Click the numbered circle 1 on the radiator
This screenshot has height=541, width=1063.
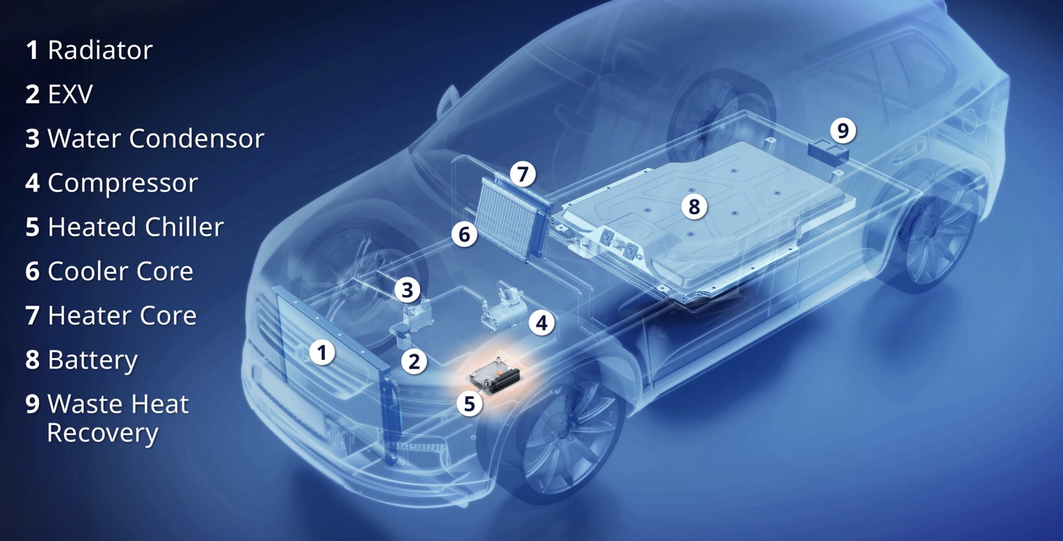[322, 353]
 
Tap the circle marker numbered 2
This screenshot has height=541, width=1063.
[414, 361]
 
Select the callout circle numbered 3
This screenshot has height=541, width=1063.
[407, 289]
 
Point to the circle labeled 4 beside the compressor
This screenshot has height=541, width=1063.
[541, 323]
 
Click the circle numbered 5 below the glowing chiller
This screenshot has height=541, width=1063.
[469, 403]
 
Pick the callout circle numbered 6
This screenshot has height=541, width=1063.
[464, 234]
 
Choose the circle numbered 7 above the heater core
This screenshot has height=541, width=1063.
[523, 174]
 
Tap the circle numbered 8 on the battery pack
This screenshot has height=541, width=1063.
[694, 206]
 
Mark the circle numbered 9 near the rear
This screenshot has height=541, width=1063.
[843, 130]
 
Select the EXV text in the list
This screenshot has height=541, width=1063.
[70, 94]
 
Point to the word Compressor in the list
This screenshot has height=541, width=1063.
[123, 184]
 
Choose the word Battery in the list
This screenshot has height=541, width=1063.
[93, 360]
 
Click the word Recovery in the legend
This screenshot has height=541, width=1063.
[103, 433]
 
